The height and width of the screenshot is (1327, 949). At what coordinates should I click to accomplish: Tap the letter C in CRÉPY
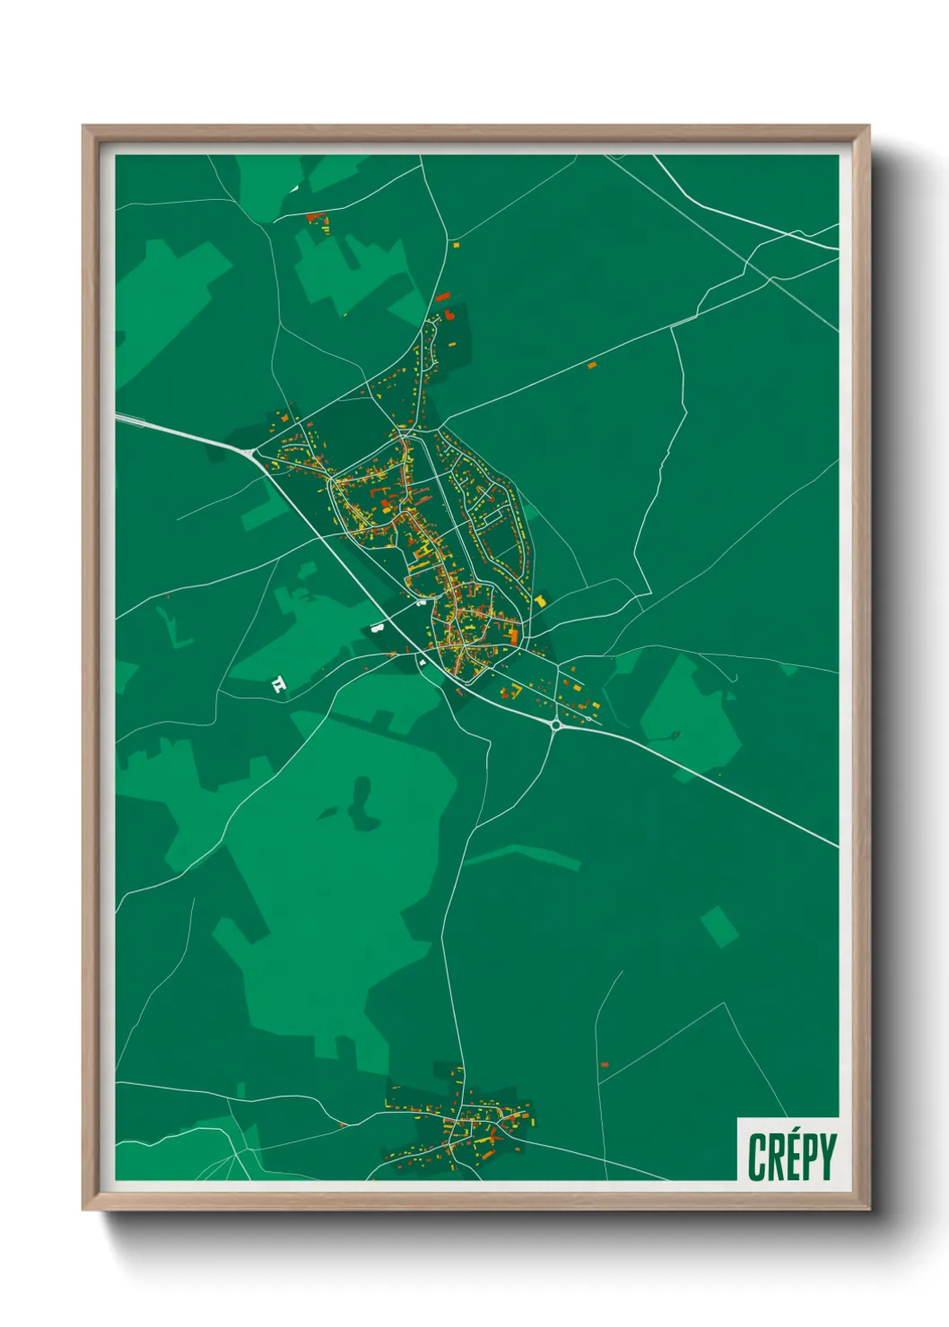click(x=756, y=1158)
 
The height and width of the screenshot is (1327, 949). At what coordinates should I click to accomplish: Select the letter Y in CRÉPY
click(x=827, y=1158)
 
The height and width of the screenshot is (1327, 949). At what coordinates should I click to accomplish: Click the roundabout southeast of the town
click(x=556, y=724)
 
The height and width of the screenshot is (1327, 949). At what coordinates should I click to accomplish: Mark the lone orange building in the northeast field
click(x=591, y=365)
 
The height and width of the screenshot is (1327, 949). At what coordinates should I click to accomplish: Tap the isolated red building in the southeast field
click(x=604, y=1064)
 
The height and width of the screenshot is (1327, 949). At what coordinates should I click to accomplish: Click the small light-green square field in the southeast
click(x=718, y=926)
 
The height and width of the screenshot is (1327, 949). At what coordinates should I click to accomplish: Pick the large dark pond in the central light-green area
click(x=361, y=804)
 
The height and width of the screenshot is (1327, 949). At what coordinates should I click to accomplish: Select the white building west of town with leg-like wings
click(x=279, y=686)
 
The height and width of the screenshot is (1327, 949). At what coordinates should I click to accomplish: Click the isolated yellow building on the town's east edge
click(x=541, y=601)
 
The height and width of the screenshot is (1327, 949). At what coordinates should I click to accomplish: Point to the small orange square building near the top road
click(x=456, y=244)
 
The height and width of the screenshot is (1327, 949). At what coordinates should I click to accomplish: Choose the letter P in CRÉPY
click(x=808, y=1158)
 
